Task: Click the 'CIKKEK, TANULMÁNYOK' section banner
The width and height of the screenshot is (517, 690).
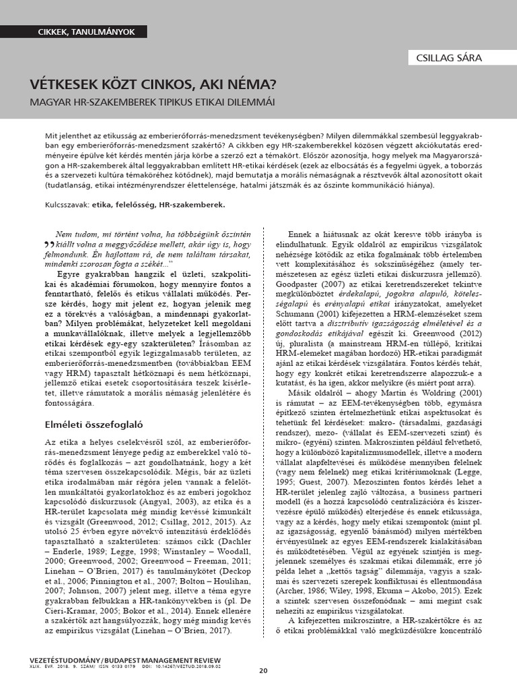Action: pyautogui.click(x=85, y=32)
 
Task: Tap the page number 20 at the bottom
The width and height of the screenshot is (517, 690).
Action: pyautogui.click(x=263, y=670)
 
